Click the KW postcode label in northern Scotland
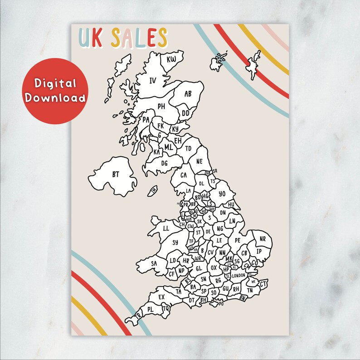pos(171,59)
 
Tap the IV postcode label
pos(153,81)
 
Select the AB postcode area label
pos(188,94)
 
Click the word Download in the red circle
pos(56,97)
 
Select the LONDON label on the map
pos(238,275)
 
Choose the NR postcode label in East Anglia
pos(263,239)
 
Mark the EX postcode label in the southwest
pos(161,297)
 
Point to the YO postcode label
pos(222,194)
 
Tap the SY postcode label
pos(175,243)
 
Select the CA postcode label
pos(184,175)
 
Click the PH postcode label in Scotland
pos(161,107)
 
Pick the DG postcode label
pos(164,163)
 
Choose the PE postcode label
pos(238,240)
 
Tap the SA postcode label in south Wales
pos(154,263)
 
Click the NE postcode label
pos(199,161)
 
